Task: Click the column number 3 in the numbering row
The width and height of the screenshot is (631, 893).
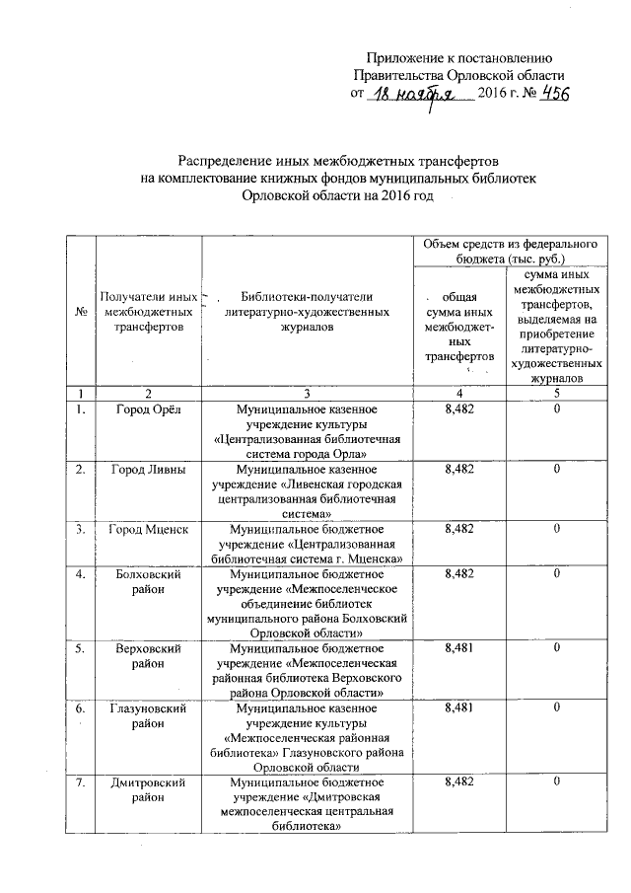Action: click(307, 392)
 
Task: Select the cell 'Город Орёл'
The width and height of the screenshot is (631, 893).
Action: click(144, 409)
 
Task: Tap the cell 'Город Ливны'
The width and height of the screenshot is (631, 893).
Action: click(144, 471)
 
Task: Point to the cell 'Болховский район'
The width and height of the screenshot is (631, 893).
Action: click(144, 580)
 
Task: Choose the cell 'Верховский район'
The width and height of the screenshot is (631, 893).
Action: click(144, 654)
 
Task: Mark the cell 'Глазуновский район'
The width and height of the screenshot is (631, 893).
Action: click(144, 715)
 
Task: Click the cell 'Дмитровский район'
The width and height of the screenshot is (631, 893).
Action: click(144, 789)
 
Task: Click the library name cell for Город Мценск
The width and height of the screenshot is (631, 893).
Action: click(307, 545)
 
